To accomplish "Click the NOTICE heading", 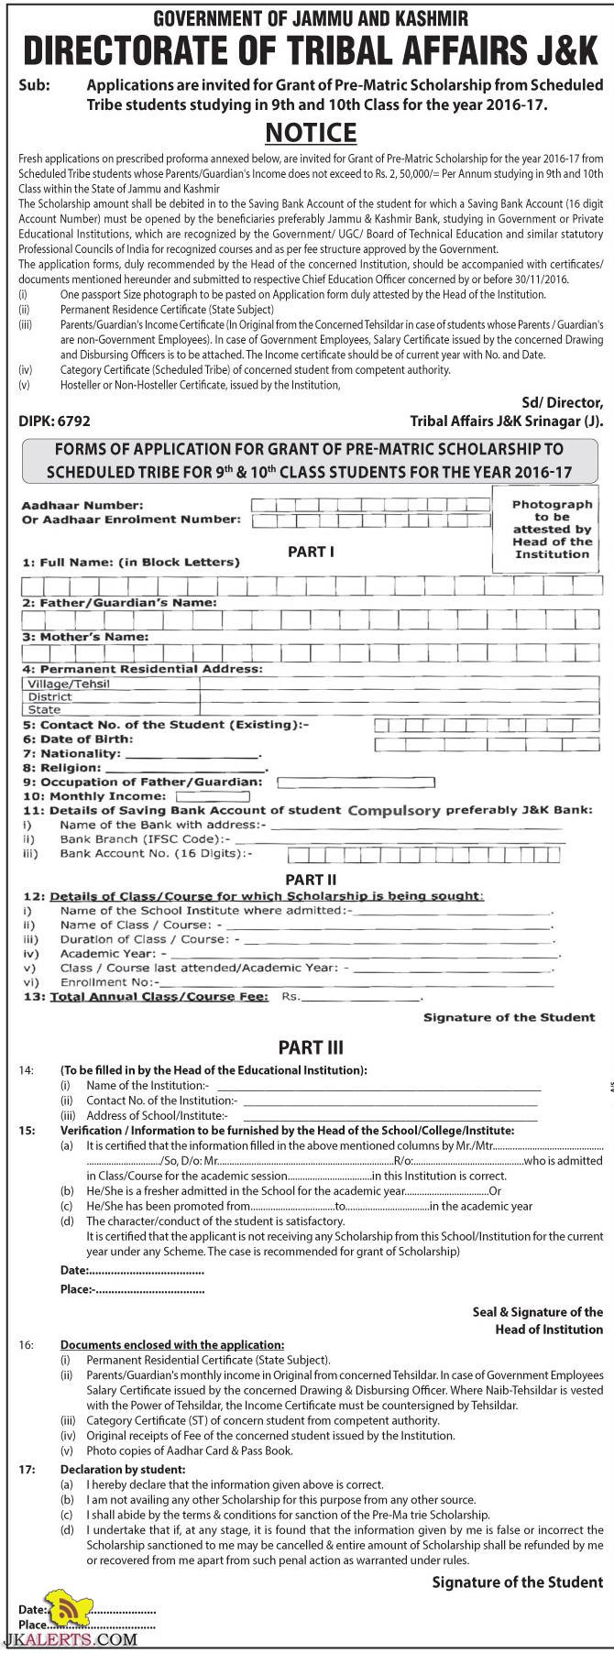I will [x=311, y=133].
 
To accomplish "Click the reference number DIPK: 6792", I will [x=54, y=421].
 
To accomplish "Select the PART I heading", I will [x=311, y=552].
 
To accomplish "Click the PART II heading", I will [x=311, y=879].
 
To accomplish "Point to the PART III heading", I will [x=311, y=1047].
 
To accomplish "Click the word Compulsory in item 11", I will [x=394, y=811].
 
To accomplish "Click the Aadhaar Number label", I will [x=82, y=505].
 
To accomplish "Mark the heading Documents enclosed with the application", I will [x=172, y=1344].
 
